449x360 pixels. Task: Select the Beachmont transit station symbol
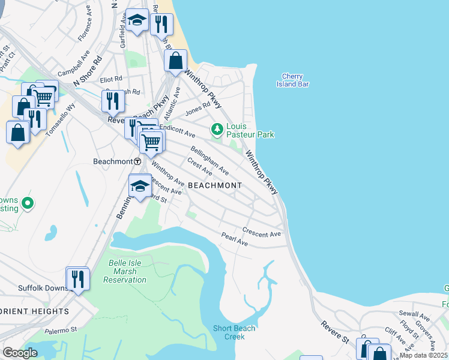coord(137,161)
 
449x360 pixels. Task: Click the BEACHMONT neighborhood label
coord(215,185)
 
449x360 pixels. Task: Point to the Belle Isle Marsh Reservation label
coord(125,271)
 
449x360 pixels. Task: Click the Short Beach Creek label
coord(235,332)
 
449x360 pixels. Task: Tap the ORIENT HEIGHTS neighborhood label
coord(34,311)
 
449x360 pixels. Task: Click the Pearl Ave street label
coord(235,240)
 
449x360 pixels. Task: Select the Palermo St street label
coord(61,329)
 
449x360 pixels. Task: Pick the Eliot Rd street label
coord(111,79)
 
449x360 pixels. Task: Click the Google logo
coord(20,353)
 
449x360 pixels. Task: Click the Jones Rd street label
coord(198,109)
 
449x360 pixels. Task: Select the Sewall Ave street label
coord(415,315)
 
